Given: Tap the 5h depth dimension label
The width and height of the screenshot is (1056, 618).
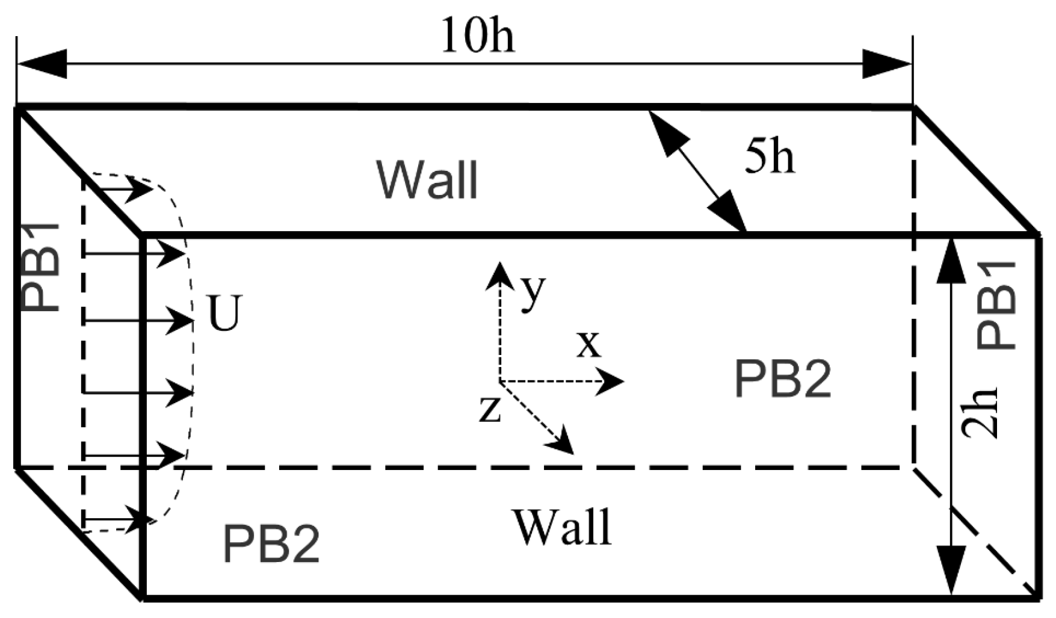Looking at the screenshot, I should coord(770,158).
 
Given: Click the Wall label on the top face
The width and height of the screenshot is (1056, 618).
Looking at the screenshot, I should coord(427,179).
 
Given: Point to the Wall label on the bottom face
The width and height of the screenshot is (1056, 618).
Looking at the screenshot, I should coord(562,527).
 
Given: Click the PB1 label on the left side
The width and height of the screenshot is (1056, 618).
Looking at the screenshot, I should coord(41,267).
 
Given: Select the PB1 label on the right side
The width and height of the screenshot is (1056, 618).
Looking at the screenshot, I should coord(996,304).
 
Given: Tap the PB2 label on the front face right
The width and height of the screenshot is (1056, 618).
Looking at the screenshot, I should coord(783,379).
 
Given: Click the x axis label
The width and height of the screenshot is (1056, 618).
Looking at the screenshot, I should coord(588,344).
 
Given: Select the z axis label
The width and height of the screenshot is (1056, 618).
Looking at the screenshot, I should coord(490,409).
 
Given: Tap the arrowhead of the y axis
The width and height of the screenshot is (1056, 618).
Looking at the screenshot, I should coord(498,274).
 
